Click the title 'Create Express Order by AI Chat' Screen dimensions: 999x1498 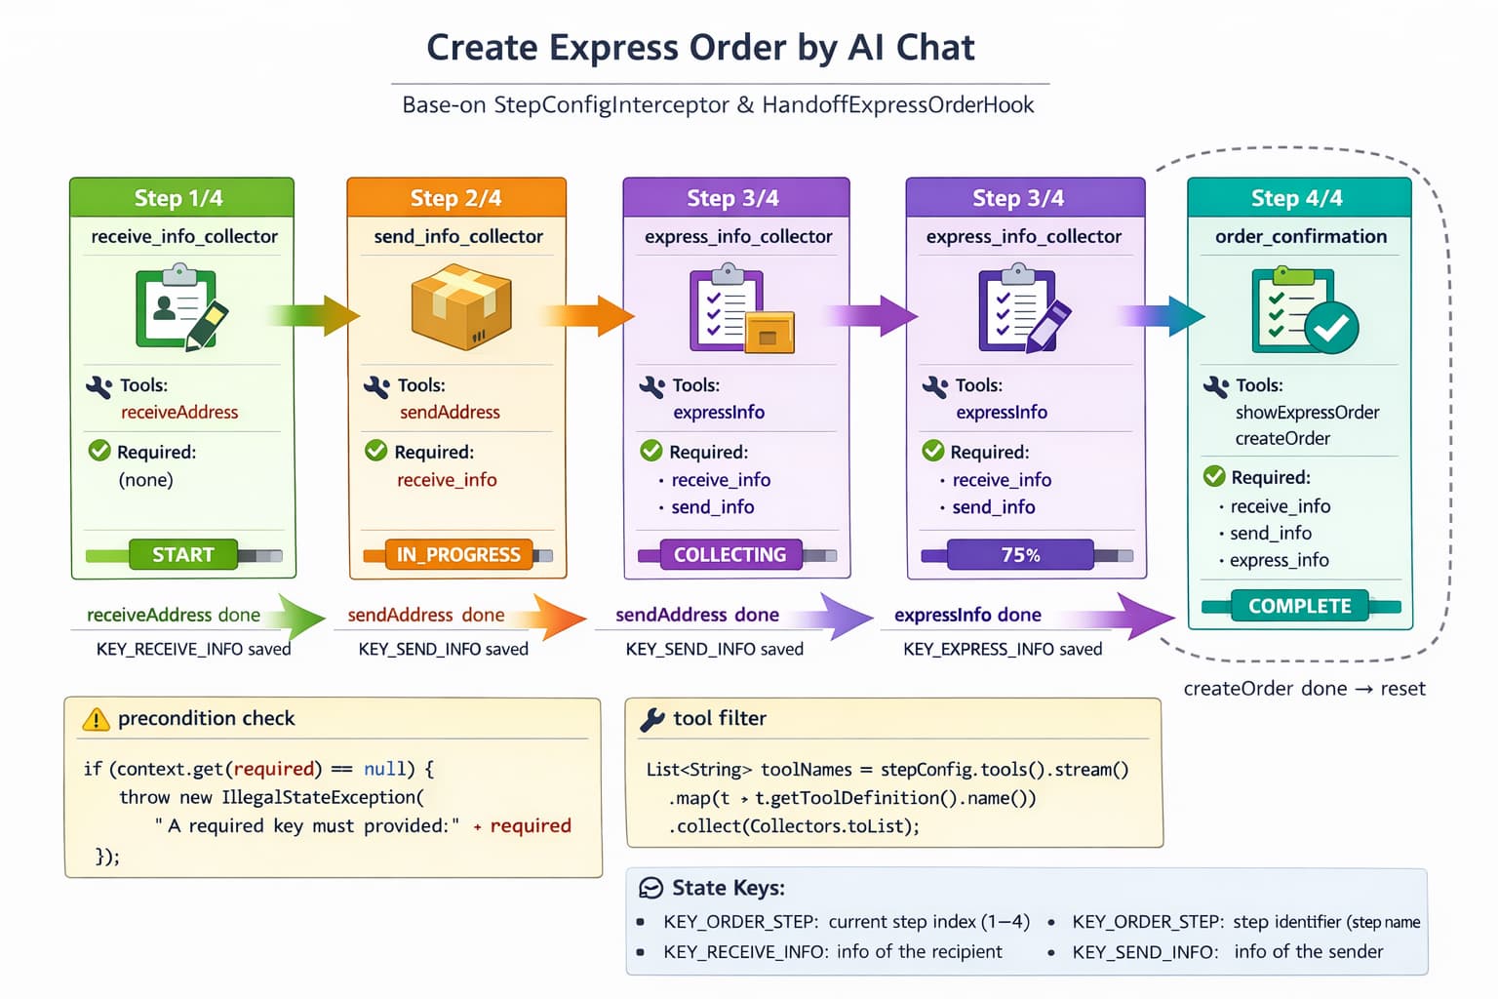[x=700, y=48]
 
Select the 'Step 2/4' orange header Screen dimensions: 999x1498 [x=455, y=198]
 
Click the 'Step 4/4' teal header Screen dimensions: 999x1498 [x=1297, y=198]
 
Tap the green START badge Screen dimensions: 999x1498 [x=183, y=555]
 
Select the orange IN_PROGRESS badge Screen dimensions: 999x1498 [x=458, y=555]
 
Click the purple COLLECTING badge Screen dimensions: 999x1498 [x=729, y=555]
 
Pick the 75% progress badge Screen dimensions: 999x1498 [x=1020, y=555]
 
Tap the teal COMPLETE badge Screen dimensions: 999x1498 [x=1299, y=606]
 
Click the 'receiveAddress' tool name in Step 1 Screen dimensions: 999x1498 [x=179, y=413]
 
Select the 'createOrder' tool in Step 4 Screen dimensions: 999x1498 [x=1282, y=439]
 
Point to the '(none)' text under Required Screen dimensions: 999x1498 [x=145, y=480]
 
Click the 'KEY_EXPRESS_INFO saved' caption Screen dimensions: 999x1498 [x=1003, y=650]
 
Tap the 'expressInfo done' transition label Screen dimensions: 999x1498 [x=967, y=616]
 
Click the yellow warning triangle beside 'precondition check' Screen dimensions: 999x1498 [x=97, y=720]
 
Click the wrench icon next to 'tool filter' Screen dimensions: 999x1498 [x=651, y=720]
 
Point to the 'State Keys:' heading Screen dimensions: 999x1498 [x=728, y=889]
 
